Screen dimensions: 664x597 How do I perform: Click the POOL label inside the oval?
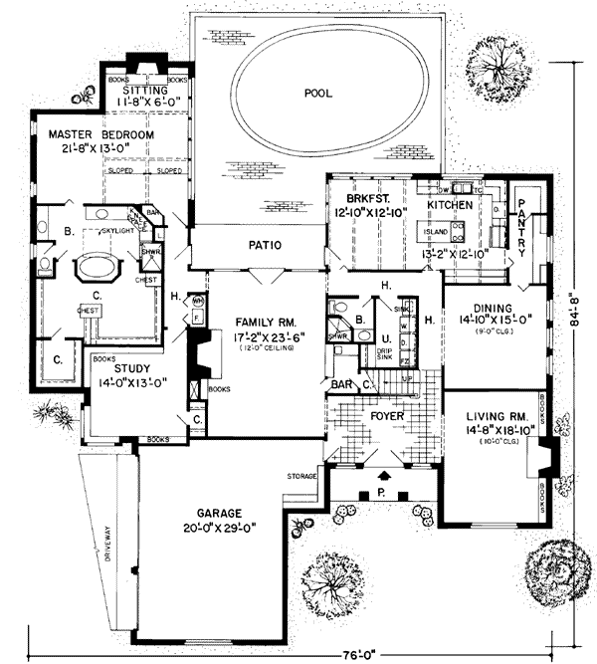(x=319, y=93)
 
